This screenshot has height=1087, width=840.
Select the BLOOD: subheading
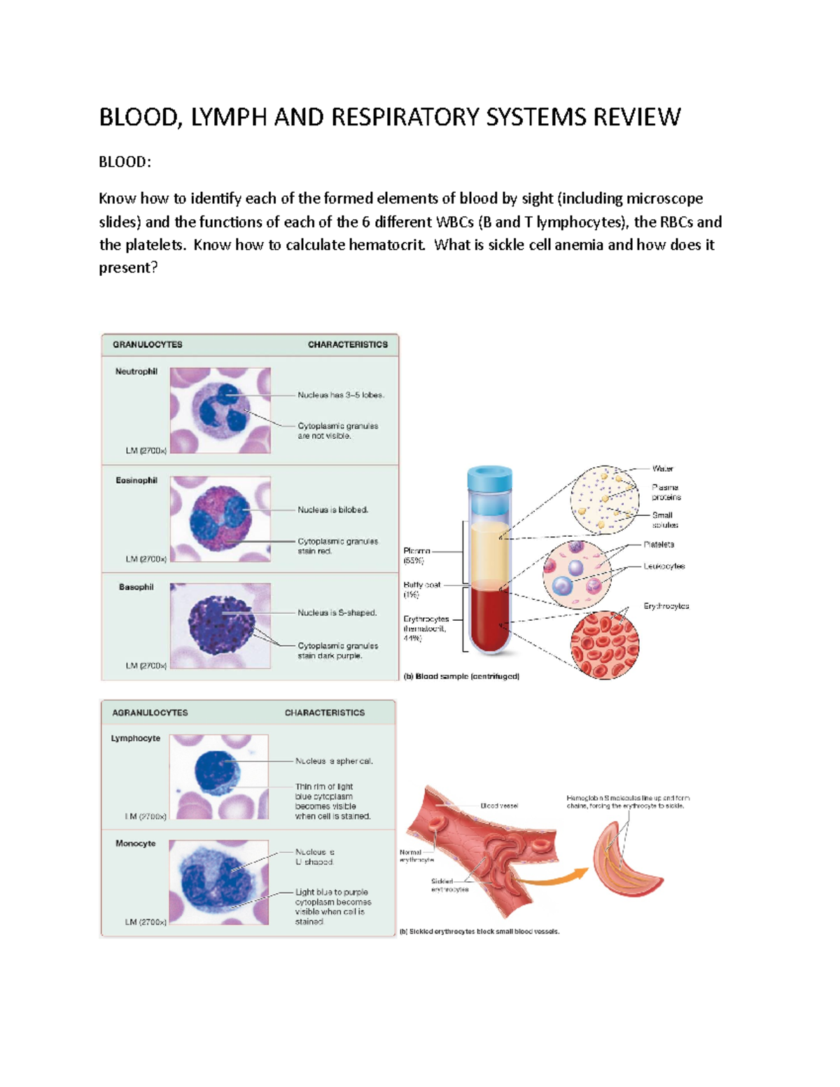pos(125,162)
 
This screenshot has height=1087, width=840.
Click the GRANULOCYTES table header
pos(147,344)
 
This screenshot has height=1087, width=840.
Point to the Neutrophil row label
pos(136,372)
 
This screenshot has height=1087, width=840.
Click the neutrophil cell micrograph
pos(220,410)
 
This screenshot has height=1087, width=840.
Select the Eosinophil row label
pos(136,481)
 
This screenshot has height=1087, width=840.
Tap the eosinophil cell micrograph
pos(220,519)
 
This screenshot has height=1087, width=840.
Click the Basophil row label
pos(136,587)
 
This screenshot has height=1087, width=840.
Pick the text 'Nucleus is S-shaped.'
pos(337,612)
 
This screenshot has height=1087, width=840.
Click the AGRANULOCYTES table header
pos(150,713)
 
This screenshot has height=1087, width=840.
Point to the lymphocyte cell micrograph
pos(218,776)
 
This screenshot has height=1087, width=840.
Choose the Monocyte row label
pos(135,843)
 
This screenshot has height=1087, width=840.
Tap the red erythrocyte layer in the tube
pos(491,619)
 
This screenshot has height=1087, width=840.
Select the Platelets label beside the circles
pos(659,544)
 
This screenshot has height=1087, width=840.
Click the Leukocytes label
pos(664,566)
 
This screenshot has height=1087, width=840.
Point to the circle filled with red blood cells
pos(605,645)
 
